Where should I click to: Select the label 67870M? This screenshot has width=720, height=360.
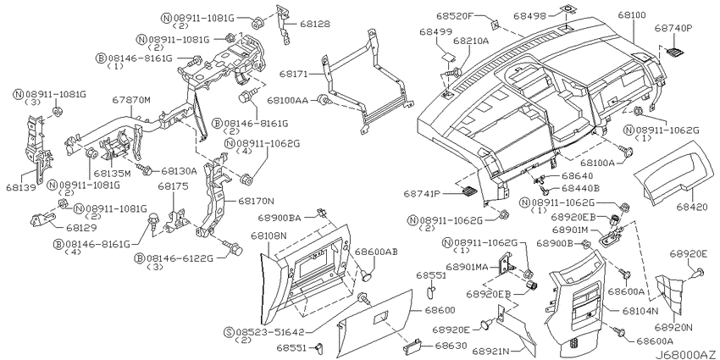coord(131,99)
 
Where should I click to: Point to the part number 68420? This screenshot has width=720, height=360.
coord(691,207)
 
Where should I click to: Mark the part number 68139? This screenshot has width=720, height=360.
coord(21,187)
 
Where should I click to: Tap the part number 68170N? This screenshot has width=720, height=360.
coord(256,201)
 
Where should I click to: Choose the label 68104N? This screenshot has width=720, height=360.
coord(640,311)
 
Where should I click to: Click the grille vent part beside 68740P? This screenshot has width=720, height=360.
coord(673,52)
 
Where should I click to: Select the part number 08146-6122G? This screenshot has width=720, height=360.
coord(180,258)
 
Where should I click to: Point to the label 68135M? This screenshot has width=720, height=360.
coord(113,174)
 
